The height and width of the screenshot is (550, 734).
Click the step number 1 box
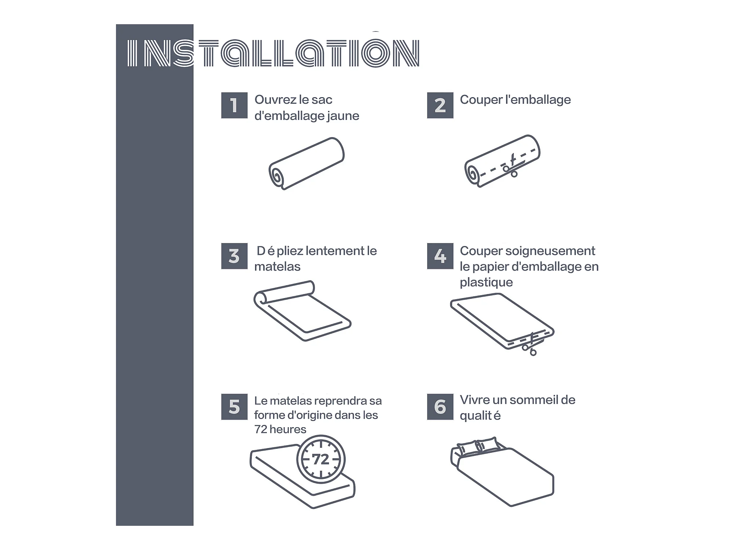pyautogui.click(x=234, y=105)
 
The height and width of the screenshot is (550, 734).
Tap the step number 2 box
pyautogui.click(x=440, y=105)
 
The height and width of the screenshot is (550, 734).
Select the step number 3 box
pyautogui.click(x=234, y=256)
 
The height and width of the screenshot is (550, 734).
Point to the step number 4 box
pyautogui.click(x=440, y=256)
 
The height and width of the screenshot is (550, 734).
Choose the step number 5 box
pyautogui.click(x=234, y=407)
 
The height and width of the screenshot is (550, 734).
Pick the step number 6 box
pyautogui.click(x=440, y=407)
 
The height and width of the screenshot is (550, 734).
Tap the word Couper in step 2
pyautogui.click(x=481, y=100)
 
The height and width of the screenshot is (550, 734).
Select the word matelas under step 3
pyautogui.click(x=277, y=267)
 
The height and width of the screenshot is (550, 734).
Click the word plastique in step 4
pyautogui.click(x=486, y=282)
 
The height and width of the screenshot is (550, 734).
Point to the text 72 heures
pyautogui.click(x=280, y=429)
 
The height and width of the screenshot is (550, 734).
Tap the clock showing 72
pyautogui.click(x=321, y=459)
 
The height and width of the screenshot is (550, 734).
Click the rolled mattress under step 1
pyautogui.click(x=306, y=164)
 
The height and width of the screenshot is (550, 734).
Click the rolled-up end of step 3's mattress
pyautogui.click(x=261, y=297)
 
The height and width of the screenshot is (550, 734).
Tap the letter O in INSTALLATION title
pyautogui.click(x=375, y=53)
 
